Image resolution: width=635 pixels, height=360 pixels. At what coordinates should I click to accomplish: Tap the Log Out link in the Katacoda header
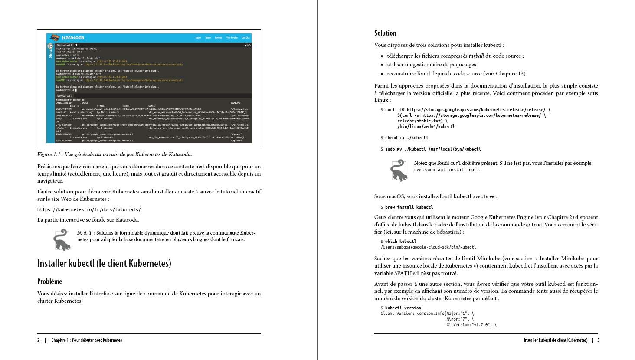click(x=245, y=38)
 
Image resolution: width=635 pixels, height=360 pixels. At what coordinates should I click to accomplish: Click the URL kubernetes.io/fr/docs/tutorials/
click(x=89, y=209)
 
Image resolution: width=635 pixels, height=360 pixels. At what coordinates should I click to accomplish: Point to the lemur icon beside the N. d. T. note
click(x=62, y=239)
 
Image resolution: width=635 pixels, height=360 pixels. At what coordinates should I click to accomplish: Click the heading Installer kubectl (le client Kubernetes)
click(x=104, y=263)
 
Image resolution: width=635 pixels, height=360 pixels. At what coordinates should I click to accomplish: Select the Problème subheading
click(x=49, y=282)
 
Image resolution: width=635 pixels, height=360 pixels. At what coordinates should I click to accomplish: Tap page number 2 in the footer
click(x=38, y=340)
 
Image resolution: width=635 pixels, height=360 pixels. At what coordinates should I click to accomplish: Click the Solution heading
click(x=385, y=33)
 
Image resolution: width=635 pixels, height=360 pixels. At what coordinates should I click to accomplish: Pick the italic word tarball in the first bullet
click(x=476, y=56)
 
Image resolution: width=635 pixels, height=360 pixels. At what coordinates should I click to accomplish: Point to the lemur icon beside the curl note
click(x=398, y=170)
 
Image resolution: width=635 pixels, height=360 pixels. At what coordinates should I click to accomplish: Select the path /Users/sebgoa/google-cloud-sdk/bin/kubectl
click(x=428, y=247)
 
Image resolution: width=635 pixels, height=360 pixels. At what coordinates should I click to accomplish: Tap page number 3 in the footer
click(x=598, y=340)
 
